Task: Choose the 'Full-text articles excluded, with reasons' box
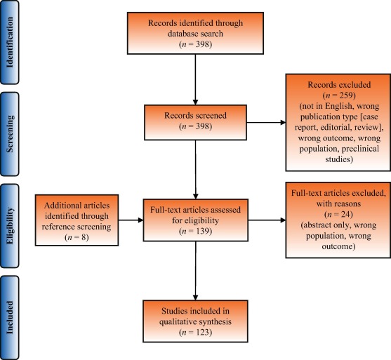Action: pos(337,213)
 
